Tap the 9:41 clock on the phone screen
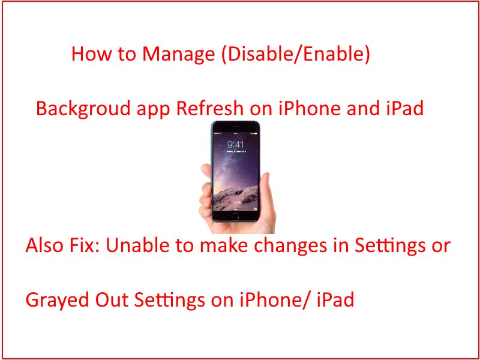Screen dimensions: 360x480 tap(235, 145)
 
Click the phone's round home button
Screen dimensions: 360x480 tap(236, 215)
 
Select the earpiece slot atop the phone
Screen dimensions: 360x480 tap(236, 127)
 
